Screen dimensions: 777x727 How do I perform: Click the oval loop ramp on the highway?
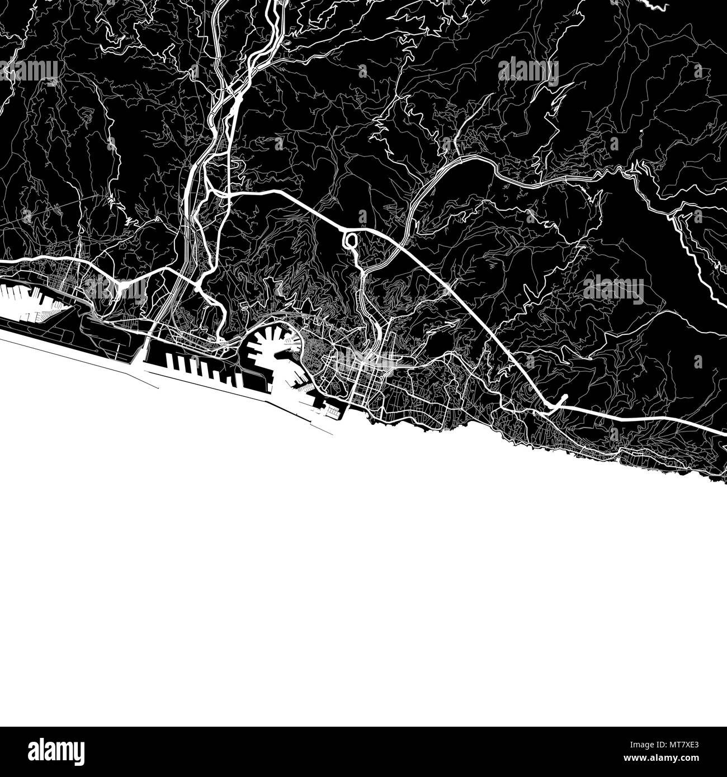click(x=351, y=241)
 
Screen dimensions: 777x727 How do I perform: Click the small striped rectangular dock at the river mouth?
click(x=332, y=413)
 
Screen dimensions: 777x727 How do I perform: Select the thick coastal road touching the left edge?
click(x=11, y=261)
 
